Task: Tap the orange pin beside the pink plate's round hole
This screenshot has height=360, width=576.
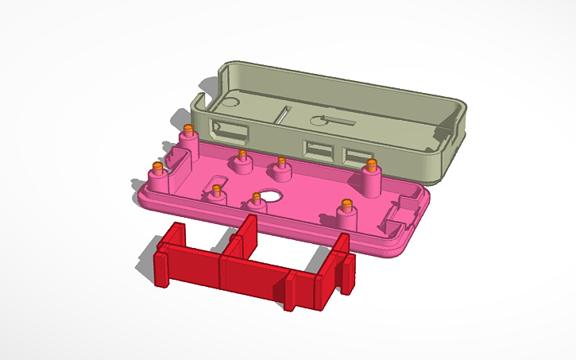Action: (256, 196)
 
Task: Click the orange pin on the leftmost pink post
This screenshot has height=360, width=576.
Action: (157, 168)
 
